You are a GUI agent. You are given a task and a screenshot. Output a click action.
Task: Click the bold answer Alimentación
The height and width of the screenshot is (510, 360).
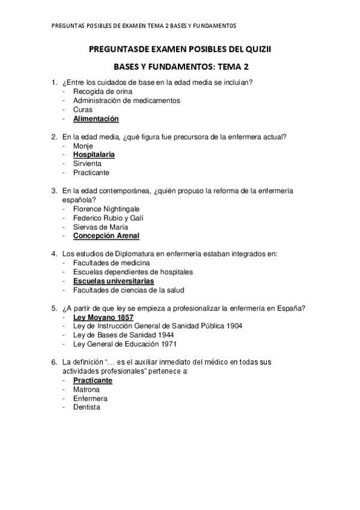[x=96, y=119]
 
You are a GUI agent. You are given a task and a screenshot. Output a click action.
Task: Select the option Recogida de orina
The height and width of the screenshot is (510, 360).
[x=103, y=91]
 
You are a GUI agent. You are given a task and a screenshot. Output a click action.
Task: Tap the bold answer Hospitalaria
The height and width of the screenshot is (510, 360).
[x=94, y=155]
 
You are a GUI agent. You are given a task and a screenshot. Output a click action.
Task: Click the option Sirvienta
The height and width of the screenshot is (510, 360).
[x=87, y=164]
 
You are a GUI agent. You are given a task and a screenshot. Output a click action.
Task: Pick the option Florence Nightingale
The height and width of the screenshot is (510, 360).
[x=106, y=209]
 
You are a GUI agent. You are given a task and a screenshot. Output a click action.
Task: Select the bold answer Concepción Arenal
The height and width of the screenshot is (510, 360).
[x=106, y=236]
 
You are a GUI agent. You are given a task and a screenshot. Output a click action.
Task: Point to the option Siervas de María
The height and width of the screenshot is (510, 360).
[x=99, y=227]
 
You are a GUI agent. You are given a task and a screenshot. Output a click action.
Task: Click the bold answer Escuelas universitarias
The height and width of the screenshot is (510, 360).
[x=114, y=281]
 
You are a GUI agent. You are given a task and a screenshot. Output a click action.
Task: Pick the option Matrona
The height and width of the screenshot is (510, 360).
[x=86, y=389]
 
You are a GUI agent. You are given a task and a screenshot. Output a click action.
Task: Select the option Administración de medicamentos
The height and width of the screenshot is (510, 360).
[x=126, y=100]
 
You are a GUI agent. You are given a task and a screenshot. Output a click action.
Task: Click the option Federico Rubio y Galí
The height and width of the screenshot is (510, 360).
[x=108, y=218]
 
